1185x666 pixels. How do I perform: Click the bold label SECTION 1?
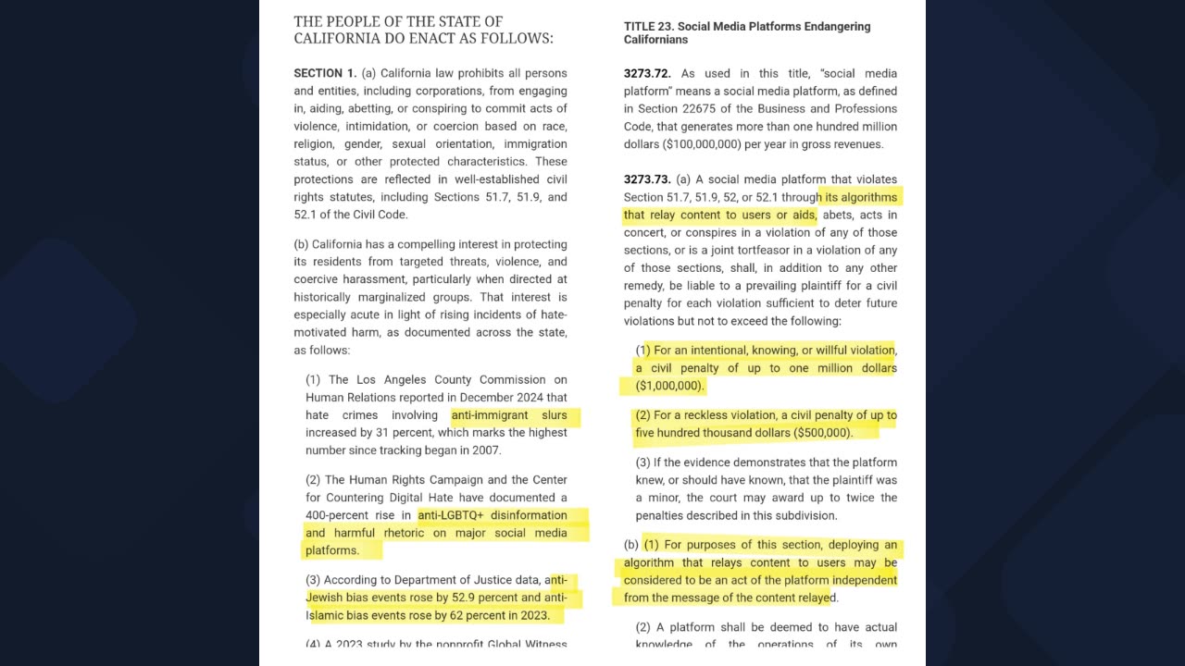(x=325, y=73)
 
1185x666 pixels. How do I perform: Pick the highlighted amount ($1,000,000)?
(x=670, y=386)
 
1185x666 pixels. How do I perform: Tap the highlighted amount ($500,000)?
(x=822, y=433)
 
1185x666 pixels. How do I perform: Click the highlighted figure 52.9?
(x=472, y=598)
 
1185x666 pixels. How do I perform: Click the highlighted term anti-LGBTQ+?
(x=451, y=515)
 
